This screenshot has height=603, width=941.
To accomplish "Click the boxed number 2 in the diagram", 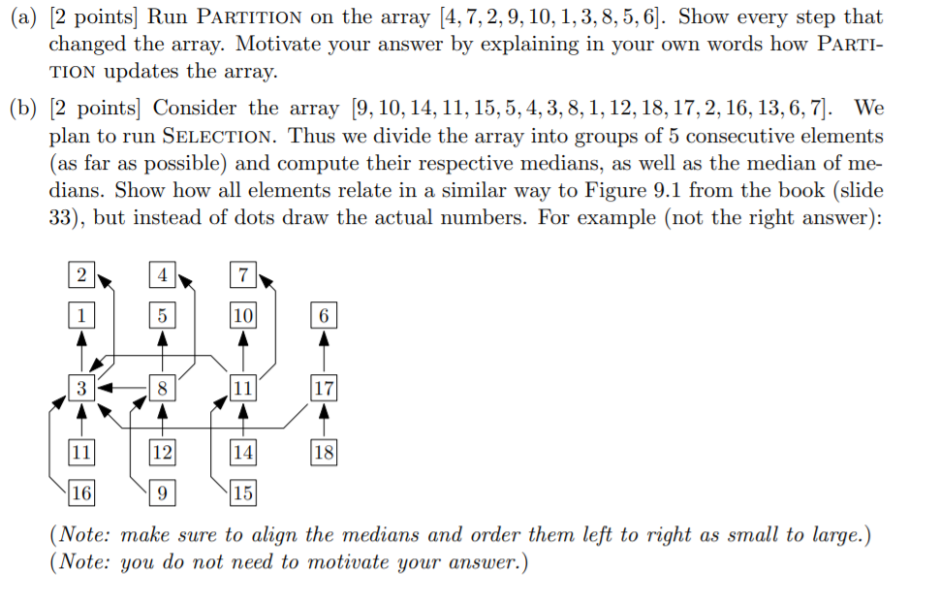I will click(x=82, y=275).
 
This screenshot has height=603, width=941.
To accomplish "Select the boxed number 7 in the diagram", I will click(x=242, y=275).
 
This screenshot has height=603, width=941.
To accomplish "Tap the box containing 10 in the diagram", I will click(x=242, y=315).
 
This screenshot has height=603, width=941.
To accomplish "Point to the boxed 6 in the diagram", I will click(x=324, y=315).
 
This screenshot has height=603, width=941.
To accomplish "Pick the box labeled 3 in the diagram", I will click(x=82, y=389).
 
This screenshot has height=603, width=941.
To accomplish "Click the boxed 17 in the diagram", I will click(x=324, y=389).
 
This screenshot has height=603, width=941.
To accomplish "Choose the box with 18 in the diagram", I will click(x=324, y=451).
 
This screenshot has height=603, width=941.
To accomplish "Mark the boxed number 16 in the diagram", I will click(x=82, y=493).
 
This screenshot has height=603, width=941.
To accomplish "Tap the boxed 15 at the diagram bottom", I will click(x=242, y=493).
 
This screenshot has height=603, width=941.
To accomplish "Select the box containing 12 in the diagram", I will click(x=162, y=451).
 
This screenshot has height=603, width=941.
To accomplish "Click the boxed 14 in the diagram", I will click(x=242, y=451).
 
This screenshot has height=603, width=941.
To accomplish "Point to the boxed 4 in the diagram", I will click(x=162, y=275).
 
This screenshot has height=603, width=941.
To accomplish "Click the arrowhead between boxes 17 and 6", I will click(x=324, y=338).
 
